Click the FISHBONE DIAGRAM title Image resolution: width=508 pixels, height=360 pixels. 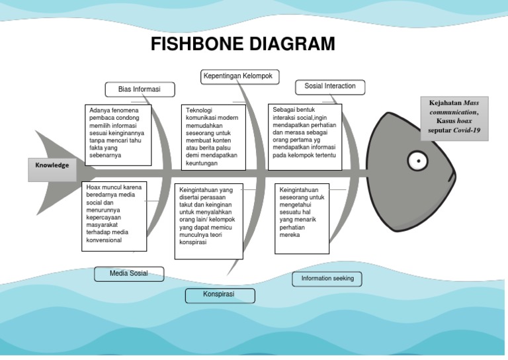point(243,44)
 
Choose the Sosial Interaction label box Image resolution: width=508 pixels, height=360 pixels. point(329,86)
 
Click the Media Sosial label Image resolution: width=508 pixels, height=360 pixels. point(128,273)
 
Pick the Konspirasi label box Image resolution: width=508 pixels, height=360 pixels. point(220,294)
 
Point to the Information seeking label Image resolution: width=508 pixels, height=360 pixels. point(327,279)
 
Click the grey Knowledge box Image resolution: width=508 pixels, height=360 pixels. point(52,165)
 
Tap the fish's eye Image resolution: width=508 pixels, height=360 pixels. point(417,159)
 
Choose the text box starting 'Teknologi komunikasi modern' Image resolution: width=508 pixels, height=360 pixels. point(212,136)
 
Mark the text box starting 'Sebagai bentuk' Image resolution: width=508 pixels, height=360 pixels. point(304,132)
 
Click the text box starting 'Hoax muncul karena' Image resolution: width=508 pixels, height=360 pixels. point(114,217)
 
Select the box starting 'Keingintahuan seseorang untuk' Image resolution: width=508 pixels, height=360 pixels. point(302,219)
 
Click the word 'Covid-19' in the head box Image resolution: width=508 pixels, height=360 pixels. point(466,131)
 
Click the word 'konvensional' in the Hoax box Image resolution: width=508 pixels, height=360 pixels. point(105,240)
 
